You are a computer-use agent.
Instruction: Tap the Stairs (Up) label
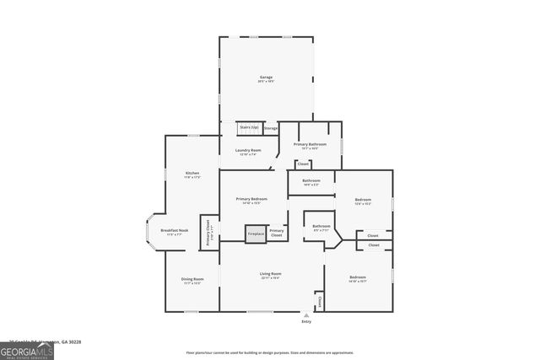tap(249, 127)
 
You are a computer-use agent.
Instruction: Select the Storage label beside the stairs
tap(271, 128)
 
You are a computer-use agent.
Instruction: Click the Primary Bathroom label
tap(310, 145)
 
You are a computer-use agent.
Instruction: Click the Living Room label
tap(270, 274)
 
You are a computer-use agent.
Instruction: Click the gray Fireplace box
tap(255, 234)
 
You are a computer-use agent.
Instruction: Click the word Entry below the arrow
tap(306, 322)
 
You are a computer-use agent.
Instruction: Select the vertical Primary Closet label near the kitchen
tap(208, 232)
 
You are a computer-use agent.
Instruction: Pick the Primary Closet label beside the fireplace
tap(277, 232)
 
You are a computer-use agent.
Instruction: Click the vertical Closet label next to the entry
tap(319, 300)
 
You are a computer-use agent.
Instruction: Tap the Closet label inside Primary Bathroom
tap(303, 164)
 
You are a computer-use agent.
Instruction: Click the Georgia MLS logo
tap(27, 349)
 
